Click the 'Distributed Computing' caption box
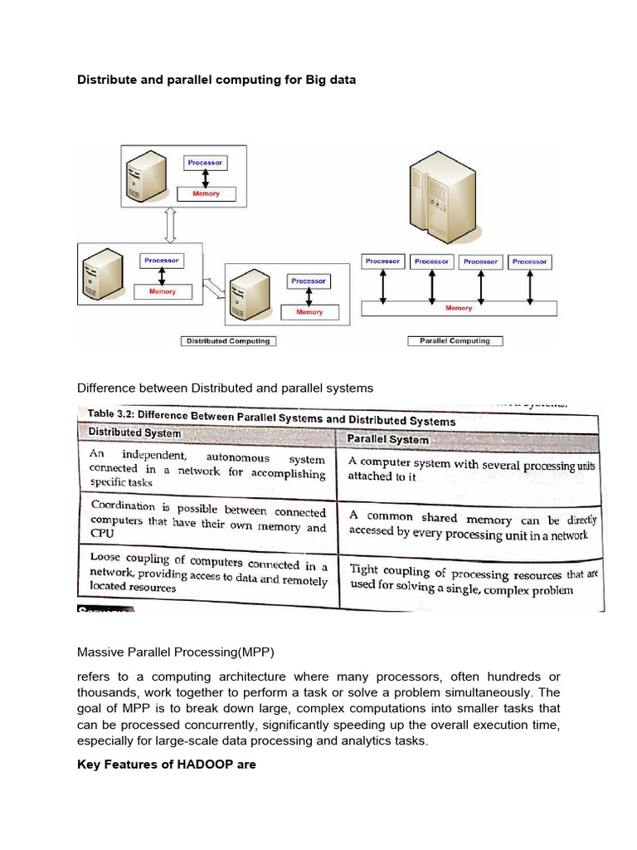point(228,340)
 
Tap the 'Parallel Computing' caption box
point(455,340)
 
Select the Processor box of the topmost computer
point(205,163)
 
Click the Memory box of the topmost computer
point(207,194)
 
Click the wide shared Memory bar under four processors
point(459,309)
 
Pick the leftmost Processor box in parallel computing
point(382,261)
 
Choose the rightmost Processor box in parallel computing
point(529,261)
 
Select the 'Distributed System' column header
point(134,432)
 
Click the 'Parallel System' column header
point(388,439)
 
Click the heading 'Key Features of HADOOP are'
point(167,765)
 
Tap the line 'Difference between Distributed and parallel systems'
point(226,388)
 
